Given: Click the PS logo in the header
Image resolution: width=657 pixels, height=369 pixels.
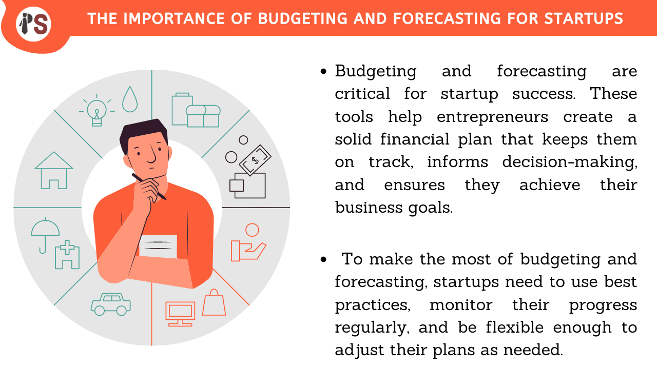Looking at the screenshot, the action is (33, 24).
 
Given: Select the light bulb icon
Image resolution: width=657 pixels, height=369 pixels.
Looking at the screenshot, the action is (97, 110).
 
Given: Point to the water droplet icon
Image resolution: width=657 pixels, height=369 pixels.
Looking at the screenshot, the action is (130, 99).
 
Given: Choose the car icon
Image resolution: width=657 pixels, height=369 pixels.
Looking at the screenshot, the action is (111, 304).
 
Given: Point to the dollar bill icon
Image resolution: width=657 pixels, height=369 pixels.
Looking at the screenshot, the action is (255, 160).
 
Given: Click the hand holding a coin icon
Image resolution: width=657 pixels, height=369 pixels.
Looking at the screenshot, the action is (248, 242).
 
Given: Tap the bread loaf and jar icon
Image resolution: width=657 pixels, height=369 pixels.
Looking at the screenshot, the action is (196, 110).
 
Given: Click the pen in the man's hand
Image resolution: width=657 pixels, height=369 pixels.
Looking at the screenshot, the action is (149, 187).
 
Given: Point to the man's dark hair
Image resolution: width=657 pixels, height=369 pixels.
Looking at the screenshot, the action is (143, 133).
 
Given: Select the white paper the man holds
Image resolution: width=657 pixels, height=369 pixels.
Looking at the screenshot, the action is (158, 247).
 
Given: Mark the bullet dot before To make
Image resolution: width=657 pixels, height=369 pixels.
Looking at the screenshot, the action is (323, 259).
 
